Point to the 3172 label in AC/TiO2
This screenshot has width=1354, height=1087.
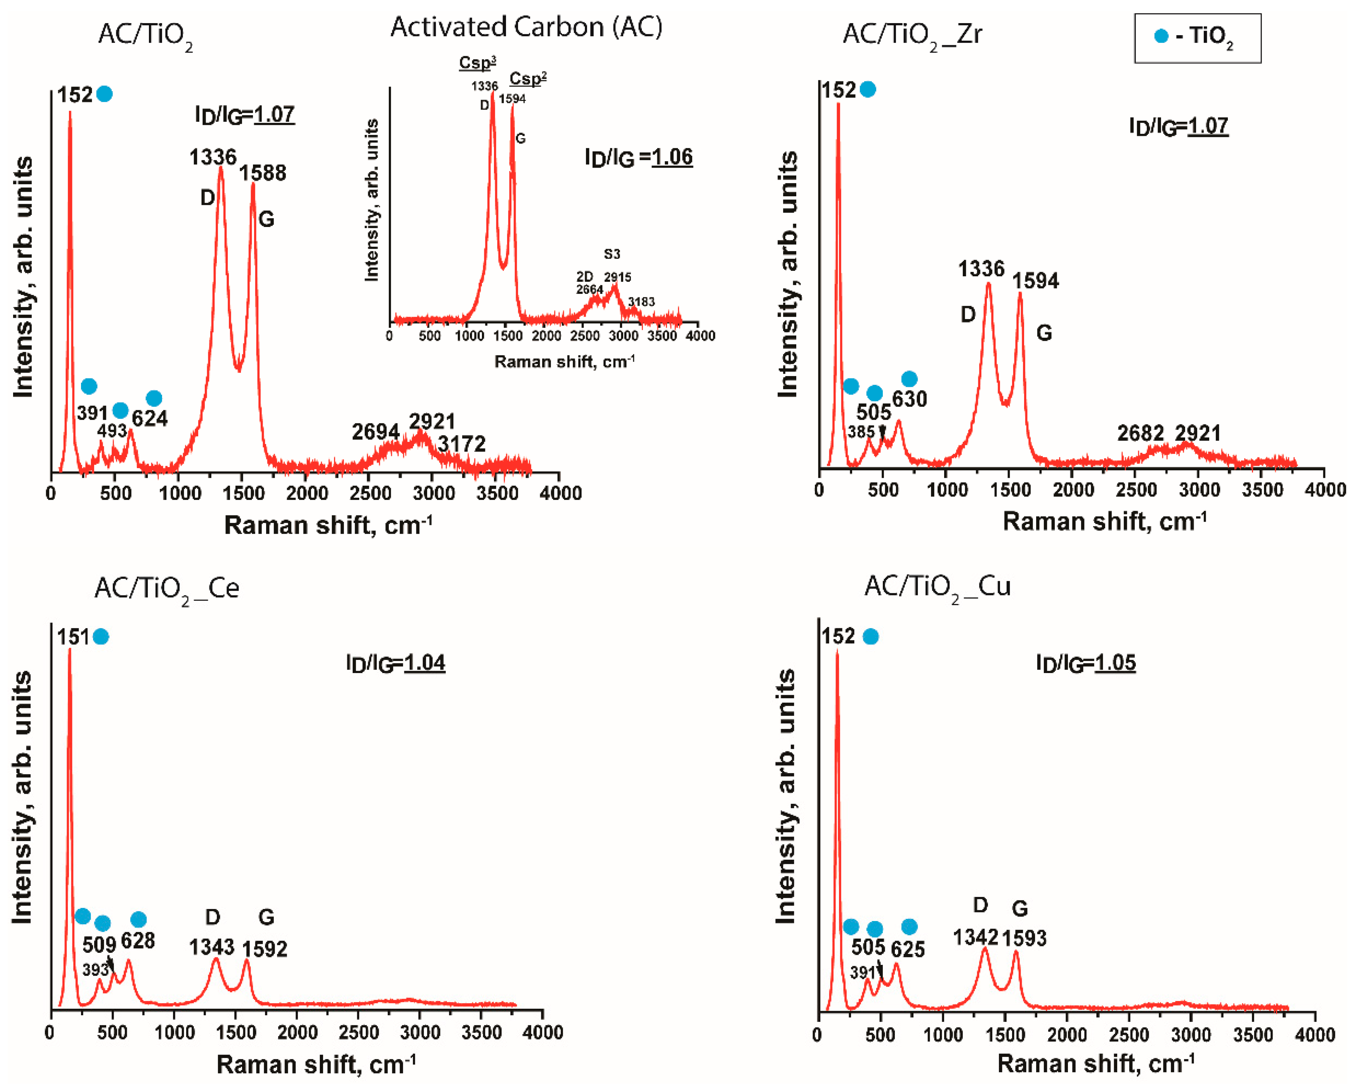(462, 444)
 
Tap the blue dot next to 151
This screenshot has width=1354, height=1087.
(101, 636)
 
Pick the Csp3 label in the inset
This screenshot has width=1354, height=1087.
(477, 63)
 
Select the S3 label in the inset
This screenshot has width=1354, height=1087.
(612, 254)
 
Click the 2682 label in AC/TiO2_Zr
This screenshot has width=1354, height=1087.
(1140, 433)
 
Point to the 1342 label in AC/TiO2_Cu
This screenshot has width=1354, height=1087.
(975, 938)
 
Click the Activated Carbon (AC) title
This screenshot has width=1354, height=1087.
(526, 27)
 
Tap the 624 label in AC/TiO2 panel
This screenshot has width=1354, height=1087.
(150, 418)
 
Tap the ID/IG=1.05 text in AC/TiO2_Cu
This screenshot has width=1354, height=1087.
(1086, 663)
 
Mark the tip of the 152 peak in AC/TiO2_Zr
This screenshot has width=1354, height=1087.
(838, 104)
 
